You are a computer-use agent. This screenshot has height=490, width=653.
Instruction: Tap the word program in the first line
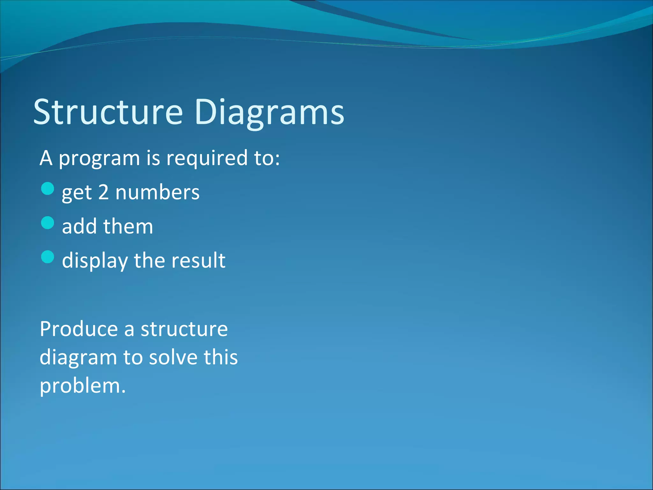pos(99,159)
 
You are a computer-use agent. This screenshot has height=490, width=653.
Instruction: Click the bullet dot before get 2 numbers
pos(48,189)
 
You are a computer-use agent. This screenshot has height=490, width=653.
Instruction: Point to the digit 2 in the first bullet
pos(103,192)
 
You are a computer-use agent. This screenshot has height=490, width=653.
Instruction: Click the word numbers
pos(158,192)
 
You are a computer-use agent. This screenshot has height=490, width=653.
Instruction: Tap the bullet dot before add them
pos(48,223)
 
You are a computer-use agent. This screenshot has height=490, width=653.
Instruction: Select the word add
pos(79,226)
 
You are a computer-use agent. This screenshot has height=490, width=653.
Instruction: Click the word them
pos(128,226)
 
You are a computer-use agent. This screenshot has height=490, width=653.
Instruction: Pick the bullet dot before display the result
pos(48,257)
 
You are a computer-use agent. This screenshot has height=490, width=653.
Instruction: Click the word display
pos(95,261)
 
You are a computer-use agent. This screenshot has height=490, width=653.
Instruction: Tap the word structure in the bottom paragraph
pos(184,329)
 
